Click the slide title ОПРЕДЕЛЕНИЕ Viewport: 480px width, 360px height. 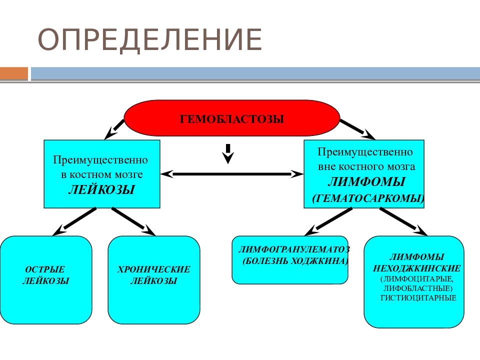(149, 39)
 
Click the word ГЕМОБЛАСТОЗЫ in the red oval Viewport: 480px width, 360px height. (231, 119)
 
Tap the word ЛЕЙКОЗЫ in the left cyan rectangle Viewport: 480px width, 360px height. (101, 190)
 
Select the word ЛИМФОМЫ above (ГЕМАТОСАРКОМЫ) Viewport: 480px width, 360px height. (366, 182)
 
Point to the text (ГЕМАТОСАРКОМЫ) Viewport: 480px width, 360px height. (368, 198)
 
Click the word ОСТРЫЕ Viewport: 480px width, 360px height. (45, 269)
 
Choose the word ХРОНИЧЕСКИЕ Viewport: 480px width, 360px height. (153, 269)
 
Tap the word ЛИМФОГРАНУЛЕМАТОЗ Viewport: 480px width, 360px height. (294, 249)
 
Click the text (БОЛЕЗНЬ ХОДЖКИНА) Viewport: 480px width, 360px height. (295, 261)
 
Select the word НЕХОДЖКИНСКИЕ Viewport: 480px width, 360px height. (416, 268)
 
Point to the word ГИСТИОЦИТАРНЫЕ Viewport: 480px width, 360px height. (418, 298)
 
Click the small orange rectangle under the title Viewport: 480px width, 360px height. (14, 73)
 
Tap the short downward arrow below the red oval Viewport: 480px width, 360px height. (228, 153)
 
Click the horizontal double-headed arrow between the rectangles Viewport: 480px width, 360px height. (231, 174)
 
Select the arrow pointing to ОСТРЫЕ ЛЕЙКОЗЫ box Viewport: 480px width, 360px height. (74, 222)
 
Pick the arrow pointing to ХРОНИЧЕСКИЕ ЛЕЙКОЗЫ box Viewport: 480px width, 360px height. (134, 222)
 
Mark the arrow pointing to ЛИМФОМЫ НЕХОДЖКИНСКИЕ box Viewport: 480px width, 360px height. (403, 222)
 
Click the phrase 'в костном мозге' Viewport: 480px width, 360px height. (102, 174)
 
